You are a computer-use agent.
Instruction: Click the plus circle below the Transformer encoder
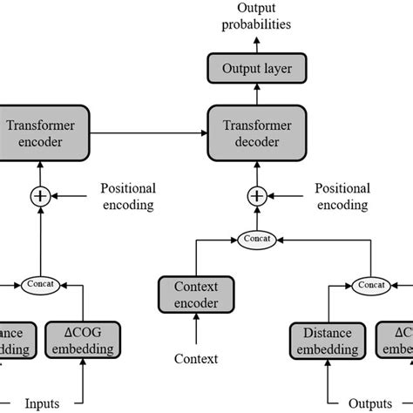click(40, 196)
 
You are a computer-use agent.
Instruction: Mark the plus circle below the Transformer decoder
click(256, 196)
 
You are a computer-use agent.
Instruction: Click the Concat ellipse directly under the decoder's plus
click(256, 237)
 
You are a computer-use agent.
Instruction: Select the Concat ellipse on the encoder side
click(40, 283)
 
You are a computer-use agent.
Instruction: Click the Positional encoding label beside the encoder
click(128, 196)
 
